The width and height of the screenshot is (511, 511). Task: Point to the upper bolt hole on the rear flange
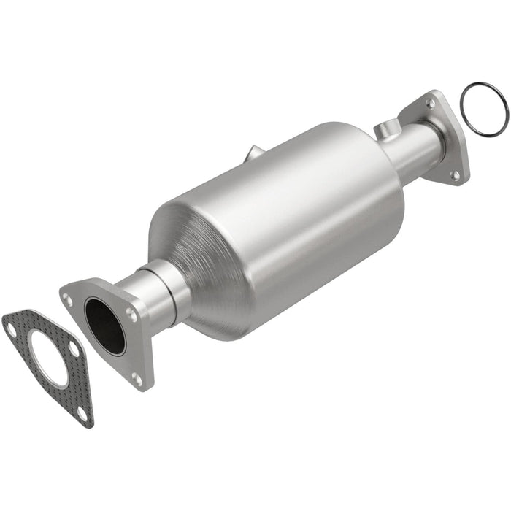coord(430,104)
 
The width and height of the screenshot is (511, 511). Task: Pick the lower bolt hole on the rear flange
coord(455,175)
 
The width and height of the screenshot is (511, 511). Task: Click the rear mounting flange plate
coord(447,139)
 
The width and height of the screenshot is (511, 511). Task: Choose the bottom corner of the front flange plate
coord(142,385)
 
